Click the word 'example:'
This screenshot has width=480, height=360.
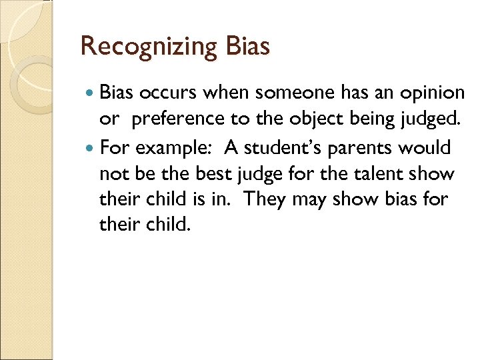175,147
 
